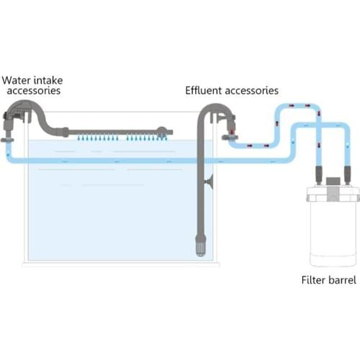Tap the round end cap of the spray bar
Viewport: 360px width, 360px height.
[166, 133]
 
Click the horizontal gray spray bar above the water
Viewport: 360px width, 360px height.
[108, 132]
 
